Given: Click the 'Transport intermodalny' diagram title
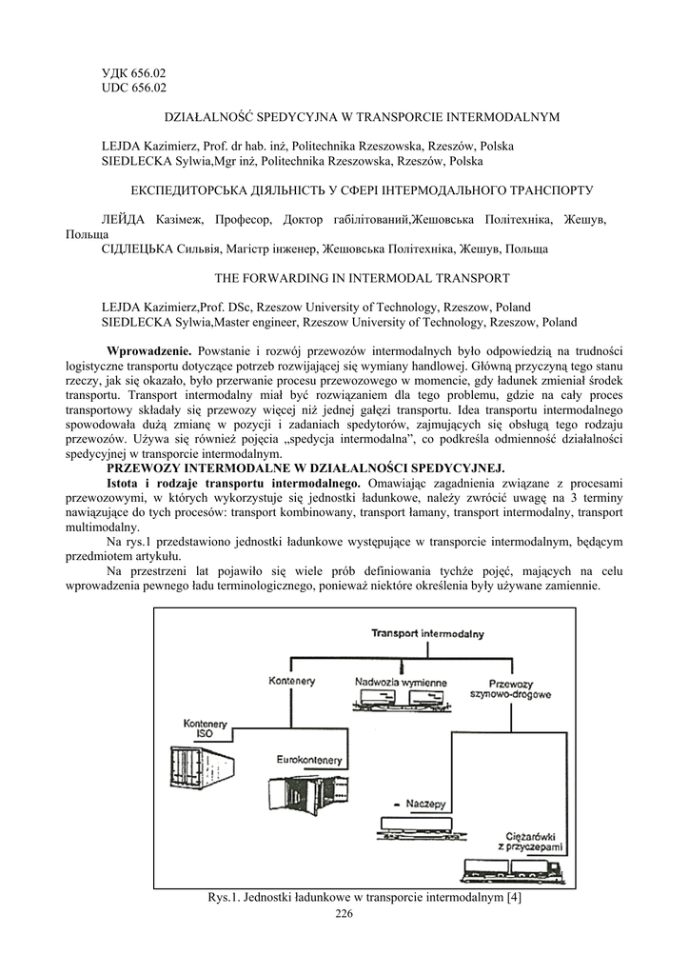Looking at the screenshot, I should pos(427,633).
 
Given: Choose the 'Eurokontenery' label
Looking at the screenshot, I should pos(305,760).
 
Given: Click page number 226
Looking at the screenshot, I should pos(344,915).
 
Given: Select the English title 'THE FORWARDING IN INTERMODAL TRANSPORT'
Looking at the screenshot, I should pos(362,278).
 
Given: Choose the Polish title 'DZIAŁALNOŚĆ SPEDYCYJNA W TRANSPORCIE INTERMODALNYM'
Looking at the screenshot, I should pos(363,117).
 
